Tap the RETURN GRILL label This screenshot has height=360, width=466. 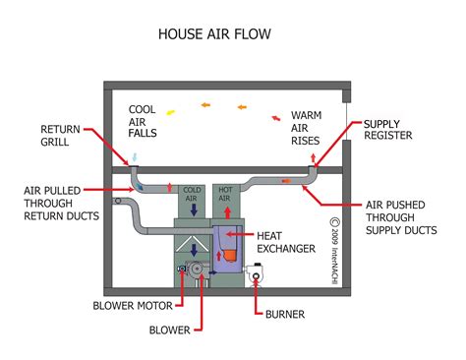pos(60,135)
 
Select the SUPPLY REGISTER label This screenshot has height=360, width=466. pos(388,130)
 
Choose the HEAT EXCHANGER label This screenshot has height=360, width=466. pos(287,242)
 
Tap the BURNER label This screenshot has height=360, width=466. pos(285,316)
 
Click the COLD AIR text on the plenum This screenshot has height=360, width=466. pos(192,194)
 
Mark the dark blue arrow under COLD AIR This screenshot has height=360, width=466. pos(193,210)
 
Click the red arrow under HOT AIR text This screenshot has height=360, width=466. pos(225,210)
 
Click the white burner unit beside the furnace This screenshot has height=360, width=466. pos(259,279)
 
